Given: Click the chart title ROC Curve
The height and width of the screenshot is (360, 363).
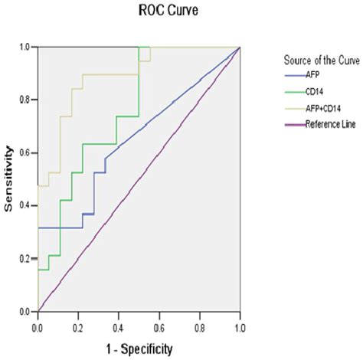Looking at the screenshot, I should (x=139, y=11).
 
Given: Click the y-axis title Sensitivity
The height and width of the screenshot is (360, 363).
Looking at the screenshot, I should (x=10, y=180).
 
